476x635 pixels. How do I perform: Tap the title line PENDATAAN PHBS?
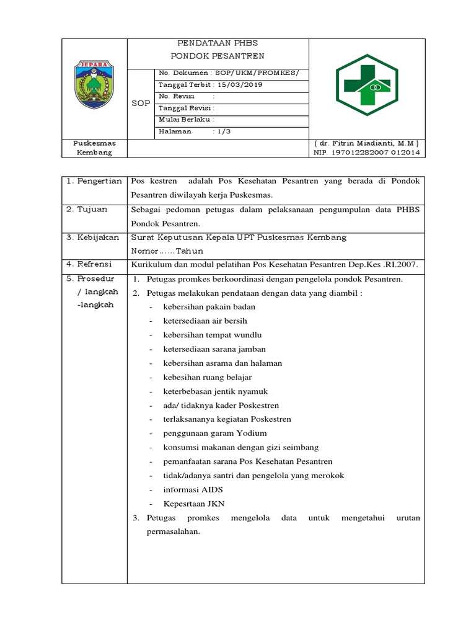coord(217,43)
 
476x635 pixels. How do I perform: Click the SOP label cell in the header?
coord(141,103)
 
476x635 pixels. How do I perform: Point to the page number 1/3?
coord(223,131)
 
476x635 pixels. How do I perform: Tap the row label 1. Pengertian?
coord(94,180)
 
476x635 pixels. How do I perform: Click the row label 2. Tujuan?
coord(87,210)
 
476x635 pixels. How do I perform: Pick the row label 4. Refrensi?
coord(89,265)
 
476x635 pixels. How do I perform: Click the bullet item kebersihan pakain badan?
coord(209,307)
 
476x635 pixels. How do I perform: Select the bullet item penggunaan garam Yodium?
coord(214,433)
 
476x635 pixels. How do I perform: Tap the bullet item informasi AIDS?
coord(193,489)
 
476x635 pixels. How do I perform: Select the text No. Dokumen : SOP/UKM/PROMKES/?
coord(229,73)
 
